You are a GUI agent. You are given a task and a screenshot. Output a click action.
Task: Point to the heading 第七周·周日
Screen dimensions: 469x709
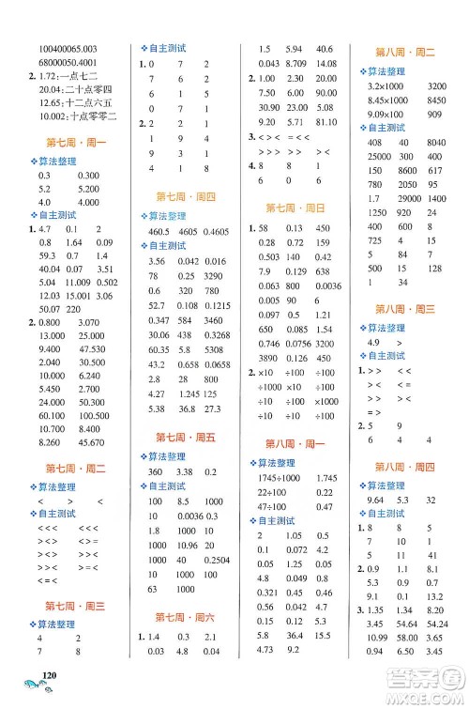pos(296,208)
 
